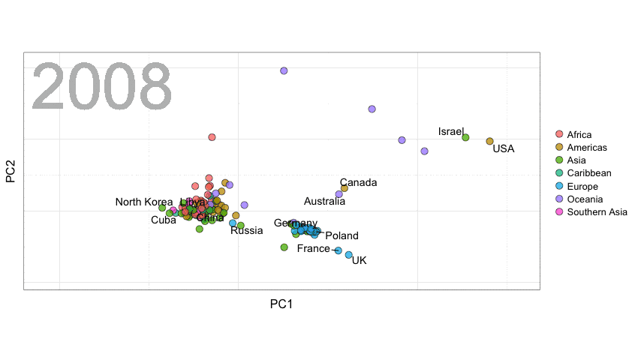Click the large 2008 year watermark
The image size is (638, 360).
click(102, 88)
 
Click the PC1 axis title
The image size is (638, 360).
click(281, 304)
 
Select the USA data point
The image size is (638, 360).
click(490, 141)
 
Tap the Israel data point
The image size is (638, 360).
click(465, 137)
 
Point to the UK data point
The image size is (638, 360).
click(349, 255)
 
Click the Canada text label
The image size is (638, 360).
click(358, 182)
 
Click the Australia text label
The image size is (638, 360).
click(324, 201)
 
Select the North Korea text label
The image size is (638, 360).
click(143, 202)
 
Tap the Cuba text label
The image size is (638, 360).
click(164, 220)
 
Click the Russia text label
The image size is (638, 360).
click(246, 230)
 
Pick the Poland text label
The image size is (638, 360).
click(342, 235)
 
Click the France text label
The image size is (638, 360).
click(313, 248)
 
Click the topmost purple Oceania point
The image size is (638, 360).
click(284, 70)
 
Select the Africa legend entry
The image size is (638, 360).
click(579, 135)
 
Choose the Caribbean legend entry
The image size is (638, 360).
click(589, 173)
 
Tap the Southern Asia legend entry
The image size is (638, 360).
click(597, 212)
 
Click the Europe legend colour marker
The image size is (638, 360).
click(558, 186)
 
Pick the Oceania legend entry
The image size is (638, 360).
click(585, 199)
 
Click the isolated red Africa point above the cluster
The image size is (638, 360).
click(212, 137)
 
